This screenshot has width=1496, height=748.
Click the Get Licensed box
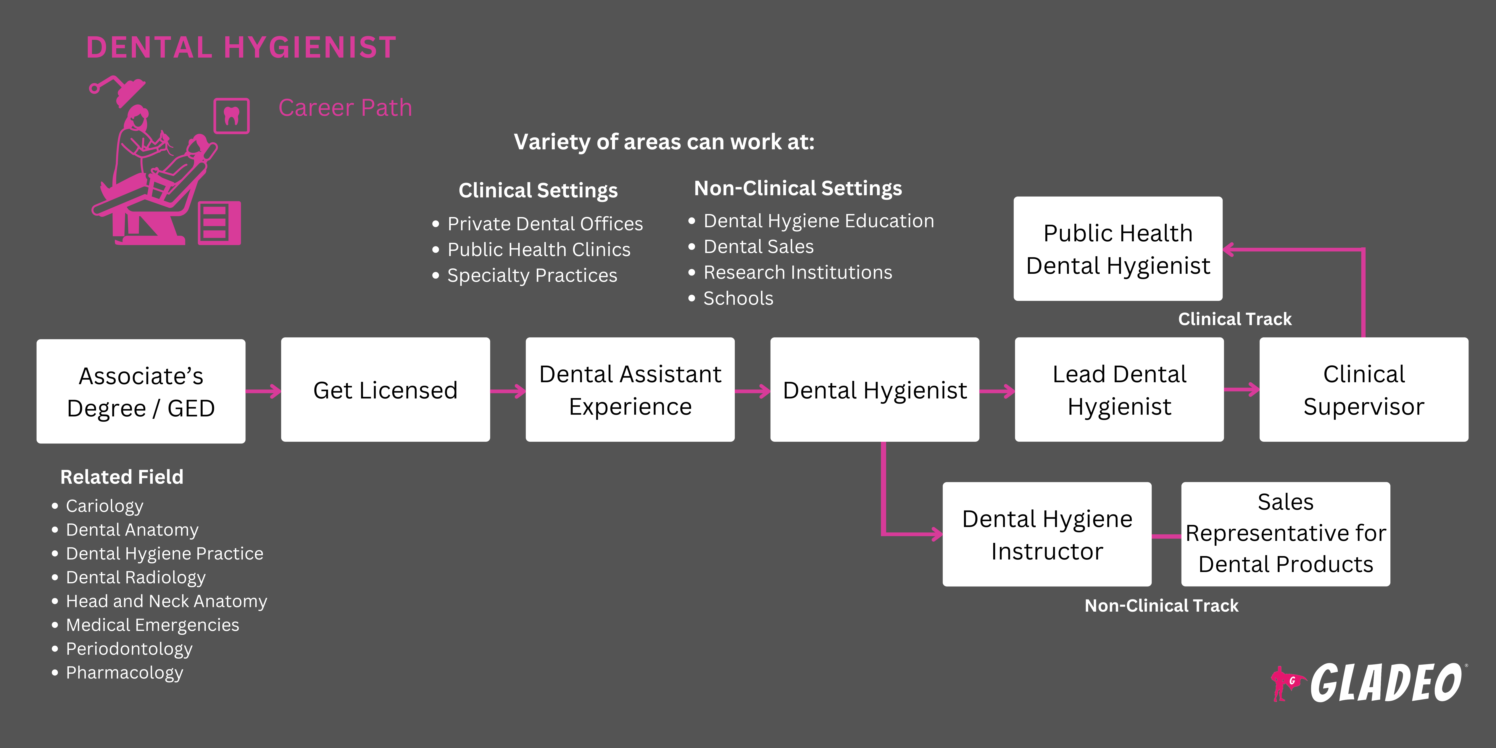pos(385,390)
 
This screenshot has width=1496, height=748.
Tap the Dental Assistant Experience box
pos(630,390)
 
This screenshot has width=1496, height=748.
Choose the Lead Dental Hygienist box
pos(1119,390)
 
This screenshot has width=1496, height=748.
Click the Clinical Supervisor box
pos(1364,390)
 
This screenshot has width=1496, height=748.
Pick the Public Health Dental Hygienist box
pos(1118,248)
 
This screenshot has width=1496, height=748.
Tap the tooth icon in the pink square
pos(232,116)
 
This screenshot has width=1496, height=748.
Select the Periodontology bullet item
pos(129,649)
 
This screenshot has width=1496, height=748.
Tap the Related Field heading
pos(122,477)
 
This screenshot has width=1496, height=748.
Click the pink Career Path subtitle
pos(345,107)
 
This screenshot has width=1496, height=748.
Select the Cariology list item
pos(105,506)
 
